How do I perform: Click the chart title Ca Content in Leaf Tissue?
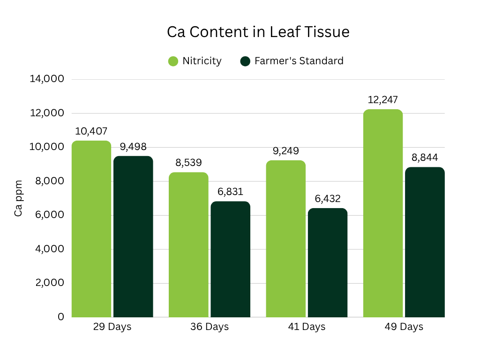(x=258, y=32)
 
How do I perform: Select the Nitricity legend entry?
(x=195, y=61)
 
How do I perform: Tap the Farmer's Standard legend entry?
(x=292, y=61)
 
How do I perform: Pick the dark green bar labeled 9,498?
(x=133, y=237)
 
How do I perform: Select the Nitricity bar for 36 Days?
(x=188, y=245)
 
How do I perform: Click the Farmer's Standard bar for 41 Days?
(x=328, y=262)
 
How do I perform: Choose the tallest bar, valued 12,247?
(x=383, y=213)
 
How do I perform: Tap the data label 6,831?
(x=230, y=192)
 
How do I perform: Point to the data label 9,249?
(x=285, y=151)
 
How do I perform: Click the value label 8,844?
(x=425, y=157)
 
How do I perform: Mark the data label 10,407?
(x=91, y=131)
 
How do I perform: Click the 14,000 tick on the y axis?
(x=47, y=79)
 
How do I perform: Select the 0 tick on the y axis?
(x=61, y=317)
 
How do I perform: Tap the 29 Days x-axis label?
(x=112, y=327)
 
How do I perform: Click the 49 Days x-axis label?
(x=404, y=327)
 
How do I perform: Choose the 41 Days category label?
(x=307, y=327)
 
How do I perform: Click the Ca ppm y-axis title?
(x=18, y=198)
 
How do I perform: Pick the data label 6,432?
(x=328, y=199)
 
